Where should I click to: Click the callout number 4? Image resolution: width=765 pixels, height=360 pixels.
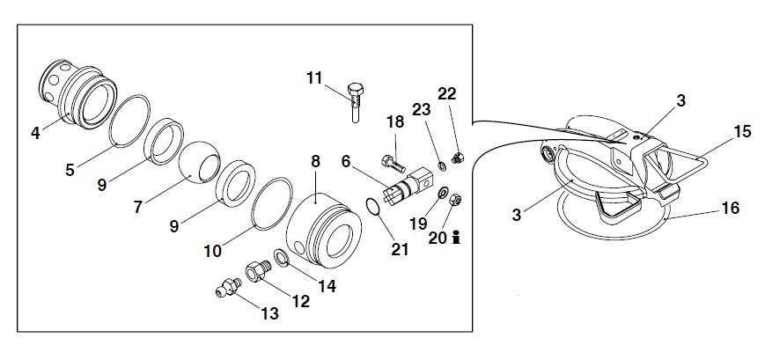35,134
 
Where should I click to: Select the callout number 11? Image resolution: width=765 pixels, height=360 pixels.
315,79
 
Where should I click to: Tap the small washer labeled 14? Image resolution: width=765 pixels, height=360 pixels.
280,258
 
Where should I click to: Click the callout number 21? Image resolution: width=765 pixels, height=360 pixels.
400,249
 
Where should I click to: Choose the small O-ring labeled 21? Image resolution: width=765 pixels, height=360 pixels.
372,207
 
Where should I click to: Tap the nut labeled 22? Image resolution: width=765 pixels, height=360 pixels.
457,159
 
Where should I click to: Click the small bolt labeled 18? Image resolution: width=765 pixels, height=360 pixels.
393,162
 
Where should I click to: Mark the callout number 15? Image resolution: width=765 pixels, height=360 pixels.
742,132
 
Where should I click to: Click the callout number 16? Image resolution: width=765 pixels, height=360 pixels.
729,209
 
